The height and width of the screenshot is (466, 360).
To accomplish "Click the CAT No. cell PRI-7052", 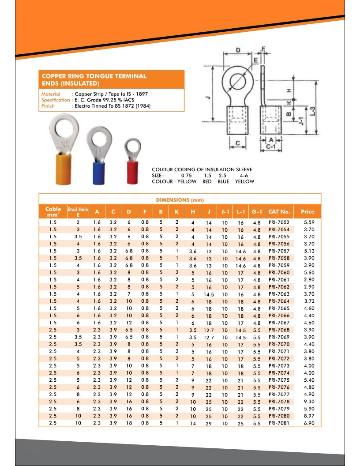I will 279,223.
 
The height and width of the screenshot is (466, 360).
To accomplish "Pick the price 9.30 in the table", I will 309,402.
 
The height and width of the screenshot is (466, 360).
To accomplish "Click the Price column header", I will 307,211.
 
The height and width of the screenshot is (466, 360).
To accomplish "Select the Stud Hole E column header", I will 78,211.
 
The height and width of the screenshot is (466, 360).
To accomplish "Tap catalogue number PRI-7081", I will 279,423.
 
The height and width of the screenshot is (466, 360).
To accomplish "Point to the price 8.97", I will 309,416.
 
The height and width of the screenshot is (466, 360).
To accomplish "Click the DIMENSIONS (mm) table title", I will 180,200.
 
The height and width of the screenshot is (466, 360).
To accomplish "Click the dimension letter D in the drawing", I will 238,51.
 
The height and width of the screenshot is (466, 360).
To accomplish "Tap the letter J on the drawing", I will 206,98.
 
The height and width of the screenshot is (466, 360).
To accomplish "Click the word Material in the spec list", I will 51,94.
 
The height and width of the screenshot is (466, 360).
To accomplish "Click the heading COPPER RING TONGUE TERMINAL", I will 94,76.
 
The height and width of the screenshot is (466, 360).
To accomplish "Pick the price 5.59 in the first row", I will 309,222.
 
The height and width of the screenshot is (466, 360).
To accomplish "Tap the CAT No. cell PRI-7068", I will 279,330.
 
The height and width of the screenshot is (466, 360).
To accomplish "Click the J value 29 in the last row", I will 209,424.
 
